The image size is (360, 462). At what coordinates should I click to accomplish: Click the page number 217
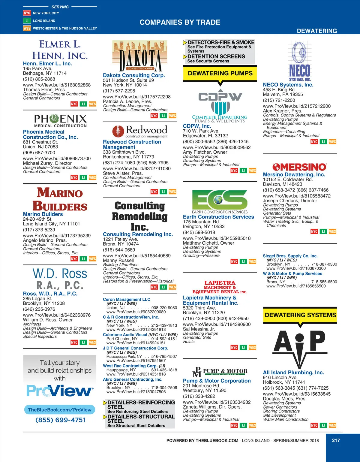[336, 440]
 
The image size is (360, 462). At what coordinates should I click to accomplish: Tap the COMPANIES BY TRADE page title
[180, 22]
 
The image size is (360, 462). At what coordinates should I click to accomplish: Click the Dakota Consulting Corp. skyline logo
[139, 56]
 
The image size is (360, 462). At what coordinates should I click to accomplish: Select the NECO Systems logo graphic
[300, 62]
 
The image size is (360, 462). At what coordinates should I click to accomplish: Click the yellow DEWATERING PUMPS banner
[220, 73]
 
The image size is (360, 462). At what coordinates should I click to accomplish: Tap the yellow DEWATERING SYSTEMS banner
[300, 315]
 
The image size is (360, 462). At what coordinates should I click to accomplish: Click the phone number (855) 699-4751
[60, 420]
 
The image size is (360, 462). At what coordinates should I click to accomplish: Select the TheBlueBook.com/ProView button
[60, 410]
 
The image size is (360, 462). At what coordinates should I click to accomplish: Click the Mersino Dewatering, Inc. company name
[294, 174]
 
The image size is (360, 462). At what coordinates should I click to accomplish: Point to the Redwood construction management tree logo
[118, 131]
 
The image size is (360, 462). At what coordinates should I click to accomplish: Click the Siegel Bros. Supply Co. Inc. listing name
[290, 256]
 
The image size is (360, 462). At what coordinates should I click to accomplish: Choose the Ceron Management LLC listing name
[127, 299]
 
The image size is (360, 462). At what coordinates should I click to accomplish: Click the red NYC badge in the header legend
[27, 13]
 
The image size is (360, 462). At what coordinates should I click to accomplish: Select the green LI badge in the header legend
[27, 21]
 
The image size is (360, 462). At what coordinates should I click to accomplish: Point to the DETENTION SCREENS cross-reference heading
[216, 56]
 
